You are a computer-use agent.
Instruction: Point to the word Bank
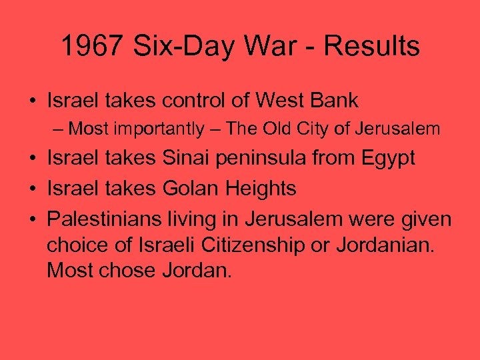(337, 101)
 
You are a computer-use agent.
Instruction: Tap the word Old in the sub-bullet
(279, 129)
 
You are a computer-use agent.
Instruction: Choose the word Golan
(191, 189)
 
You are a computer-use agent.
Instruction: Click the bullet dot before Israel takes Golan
(32, 189)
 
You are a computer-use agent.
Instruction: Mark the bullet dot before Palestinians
(32, 219)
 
